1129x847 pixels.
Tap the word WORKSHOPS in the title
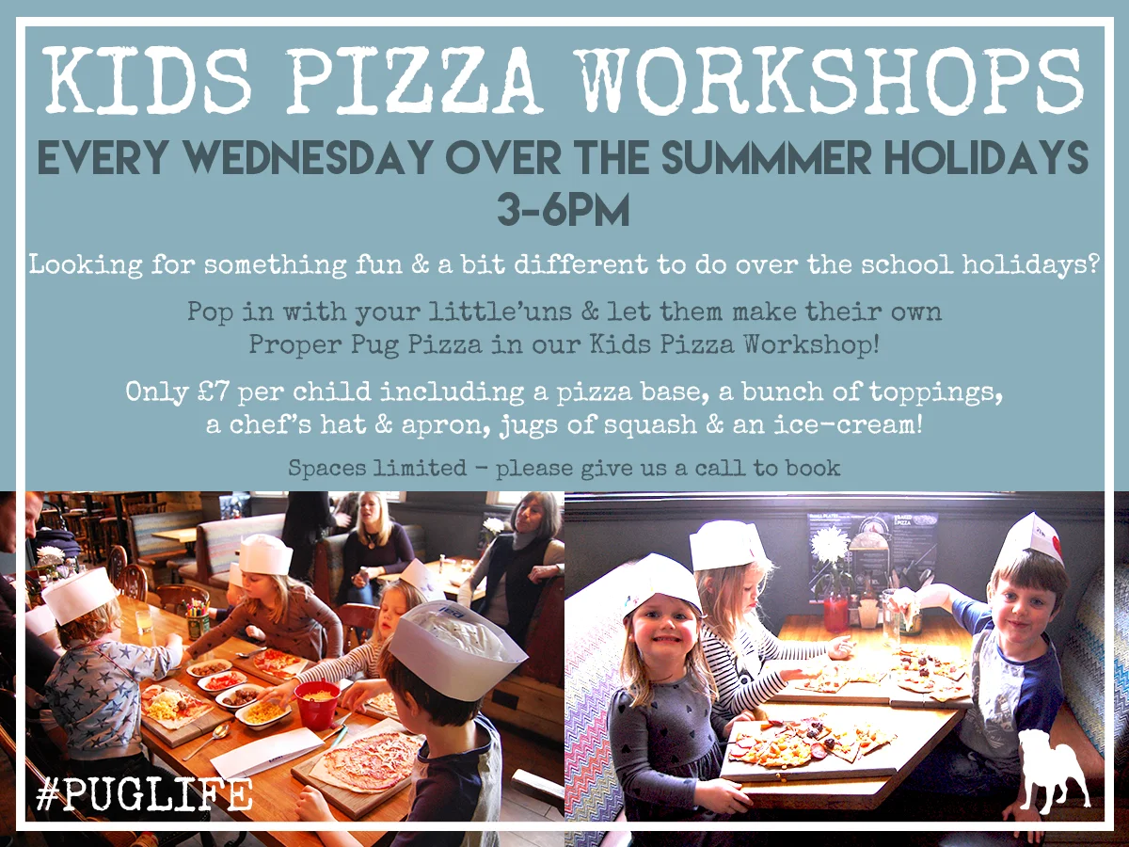(x=832, y=80)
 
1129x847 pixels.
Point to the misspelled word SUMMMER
(x=766, y=156)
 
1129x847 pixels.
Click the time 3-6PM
(x=564, y=209)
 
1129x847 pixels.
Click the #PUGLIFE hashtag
(x=144, y=794)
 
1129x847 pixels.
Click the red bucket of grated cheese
(x=317, y=704)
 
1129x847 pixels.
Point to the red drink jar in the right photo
(x=835, y=614)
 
